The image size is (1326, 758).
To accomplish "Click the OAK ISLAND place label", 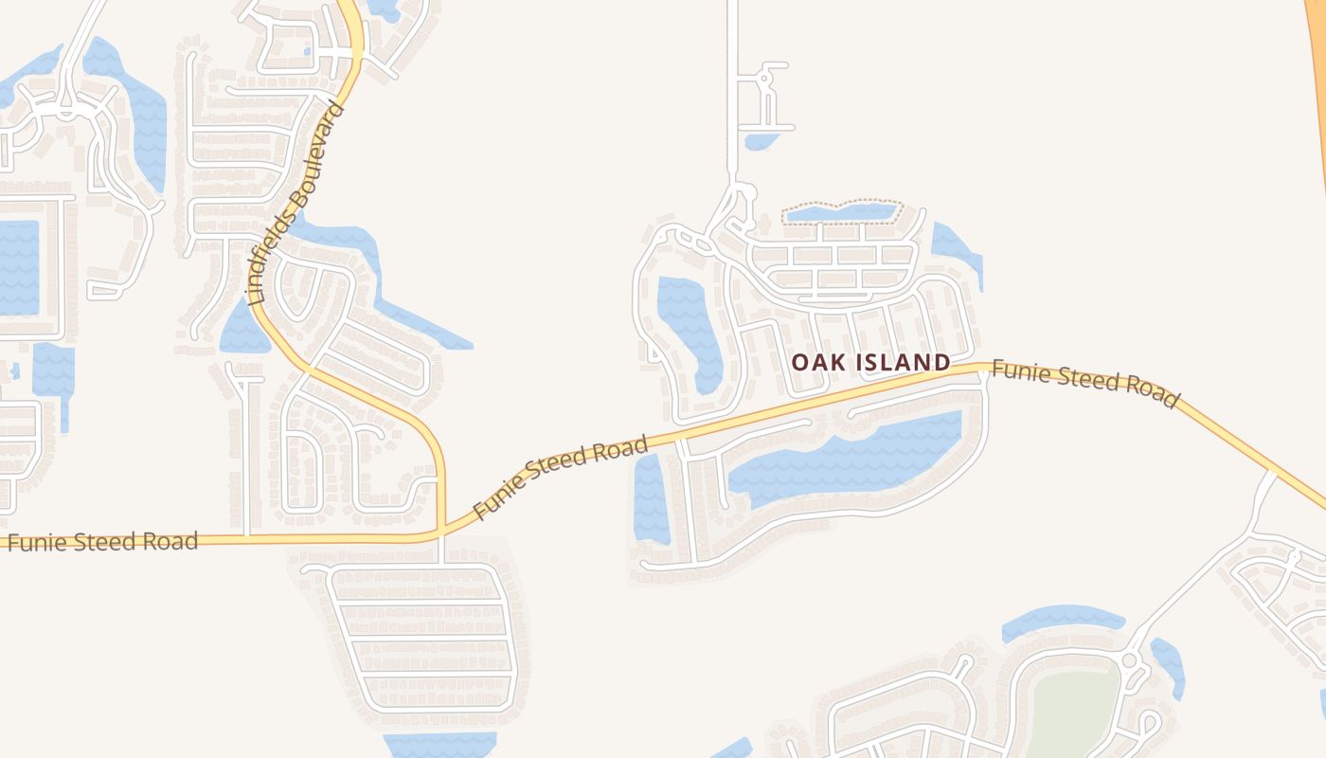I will [x=870, y=362].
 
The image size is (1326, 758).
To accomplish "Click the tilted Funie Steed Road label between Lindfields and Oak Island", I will [x=561, y=477].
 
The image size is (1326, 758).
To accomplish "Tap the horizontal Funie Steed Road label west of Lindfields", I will [x=102, y=543].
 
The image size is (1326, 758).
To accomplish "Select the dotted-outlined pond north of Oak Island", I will [x=841, y=213].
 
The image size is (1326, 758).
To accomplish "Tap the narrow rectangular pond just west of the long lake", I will [x=650, y=498].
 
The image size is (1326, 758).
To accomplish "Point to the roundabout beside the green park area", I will [x=1129, y=659].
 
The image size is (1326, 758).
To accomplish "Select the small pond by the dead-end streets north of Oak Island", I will [x=761, y=142].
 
